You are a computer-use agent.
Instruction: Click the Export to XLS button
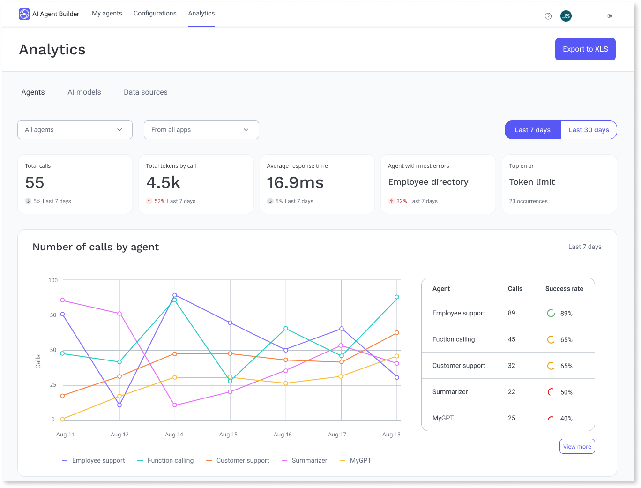[x=585, y=49]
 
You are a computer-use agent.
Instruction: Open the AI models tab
[x=84, y=92]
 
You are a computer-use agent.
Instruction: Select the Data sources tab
[x=145, y=92]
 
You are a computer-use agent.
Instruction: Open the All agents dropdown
[x=75, y=130]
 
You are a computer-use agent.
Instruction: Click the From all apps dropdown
[x=201, y=130]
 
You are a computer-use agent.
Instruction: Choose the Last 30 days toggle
[x=589, y=130]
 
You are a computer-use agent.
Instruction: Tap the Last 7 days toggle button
[x=532, y=130]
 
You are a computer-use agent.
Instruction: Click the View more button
[x=577, y=447]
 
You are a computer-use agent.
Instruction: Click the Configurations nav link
[x=155, y=14]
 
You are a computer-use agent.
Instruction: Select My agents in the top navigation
[x=107, y=14]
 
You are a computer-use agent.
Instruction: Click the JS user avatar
[x=566, y=16]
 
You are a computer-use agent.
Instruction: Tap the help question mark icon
[x=548, y=16]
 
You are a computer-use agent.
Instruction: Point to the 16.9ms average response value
[x=295, y=183]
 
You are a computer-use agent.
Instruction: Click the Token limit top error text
[x=532, y=182]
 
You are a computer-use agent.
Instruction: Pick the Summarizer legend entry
[x=309, y=461]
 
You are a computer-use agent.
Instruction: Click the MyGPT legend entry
[x=360, y=461]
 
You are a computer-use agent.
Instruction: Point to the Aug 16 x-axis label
[x=283, y=435]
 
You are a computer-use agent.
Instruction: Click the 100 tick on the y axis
[x=53, y=280]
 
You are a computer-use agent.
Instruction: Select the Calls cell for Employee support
[x=512, y=313]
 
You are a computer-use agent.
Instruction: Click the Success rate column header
[x=564, y=289]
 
